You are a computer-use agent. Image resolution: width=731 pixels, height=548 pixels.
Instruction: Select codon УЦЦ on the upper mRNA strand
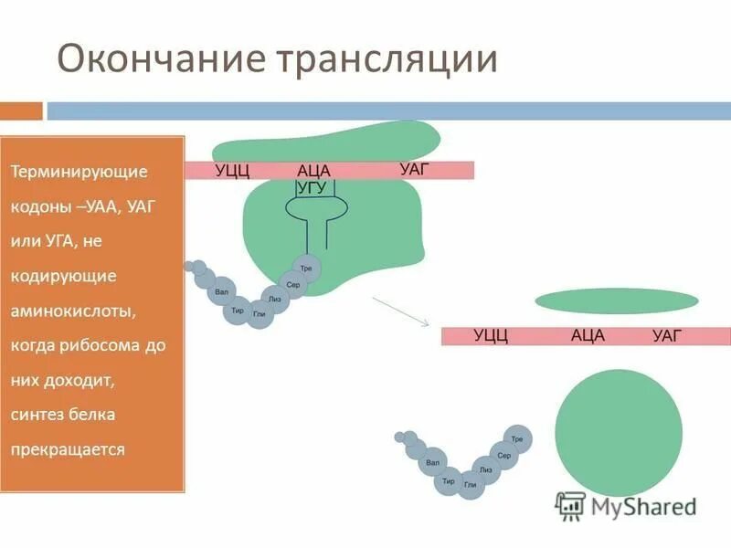pos(232,171)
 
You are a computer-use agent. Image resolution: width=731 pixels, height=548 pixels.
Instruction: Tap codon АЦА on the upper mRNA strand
pos(313,171)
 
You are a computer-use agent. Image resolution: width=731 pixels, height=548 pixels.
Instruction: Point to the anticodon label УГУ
pos(312,187)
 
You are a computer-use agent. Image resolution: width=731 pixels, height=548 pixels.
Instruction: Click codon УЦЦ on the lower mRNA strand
pos(491,336)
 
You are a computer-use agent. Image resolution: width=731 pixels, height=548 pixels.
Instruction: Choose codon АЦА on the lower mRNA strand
pos(588,335)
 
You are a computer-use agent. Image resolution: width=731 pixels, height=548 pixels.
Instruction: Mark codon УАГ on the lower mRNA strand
pos(667,336)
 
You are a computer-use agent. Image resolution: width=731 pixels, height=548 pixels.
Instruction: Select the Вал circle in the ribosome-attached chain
pos(220,293)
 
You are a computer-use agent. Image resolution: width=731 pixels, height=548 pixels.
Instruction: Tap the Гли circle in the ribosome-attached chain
pos(260,314)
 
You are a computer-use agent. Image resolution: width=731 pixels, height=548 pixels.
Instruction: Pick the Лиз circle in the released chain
pos(485,469)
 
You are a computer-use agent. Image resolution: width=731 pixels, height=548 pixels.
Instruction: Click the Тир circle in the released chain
pos(449,480)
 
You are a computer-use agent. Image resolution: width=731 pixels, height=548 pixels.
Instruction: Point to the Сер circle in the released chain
pos(504,454)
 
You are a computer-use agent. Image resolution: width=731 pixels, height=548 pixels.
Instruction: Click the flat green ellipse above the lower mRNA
pos(616,300)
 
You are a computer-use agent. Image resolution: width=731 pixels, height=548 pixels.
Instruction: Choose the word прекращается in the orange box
pos(68,449)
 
